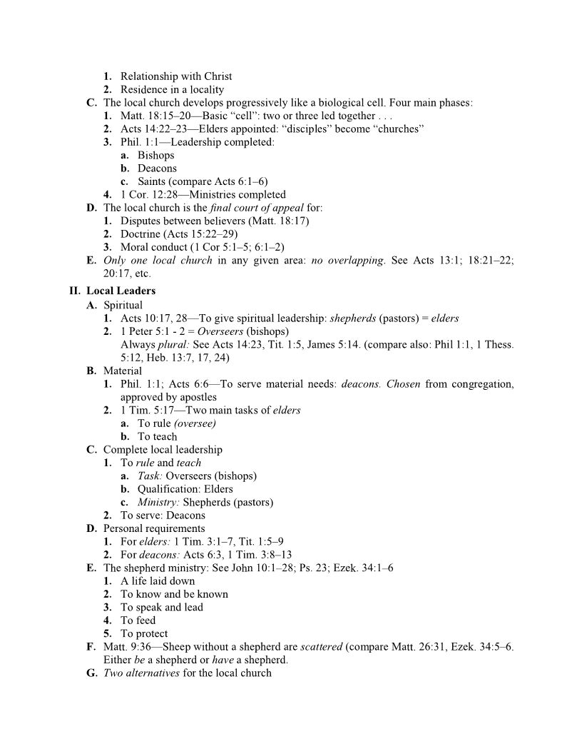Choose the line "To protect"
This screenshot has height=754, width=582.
(x=144, y=633)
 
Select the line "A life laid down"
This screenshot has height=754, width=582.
(x=158, y=581)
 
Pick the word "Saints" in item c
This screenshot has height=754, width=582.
(x=153, y=181)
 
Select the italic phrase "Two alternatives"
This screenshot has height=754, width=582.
(x=141, y=673)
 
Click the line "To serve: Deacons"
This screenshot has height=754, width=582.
(x=163, y=516)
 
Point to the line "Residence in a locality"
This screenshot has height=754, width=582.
(x=172, y=89)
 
